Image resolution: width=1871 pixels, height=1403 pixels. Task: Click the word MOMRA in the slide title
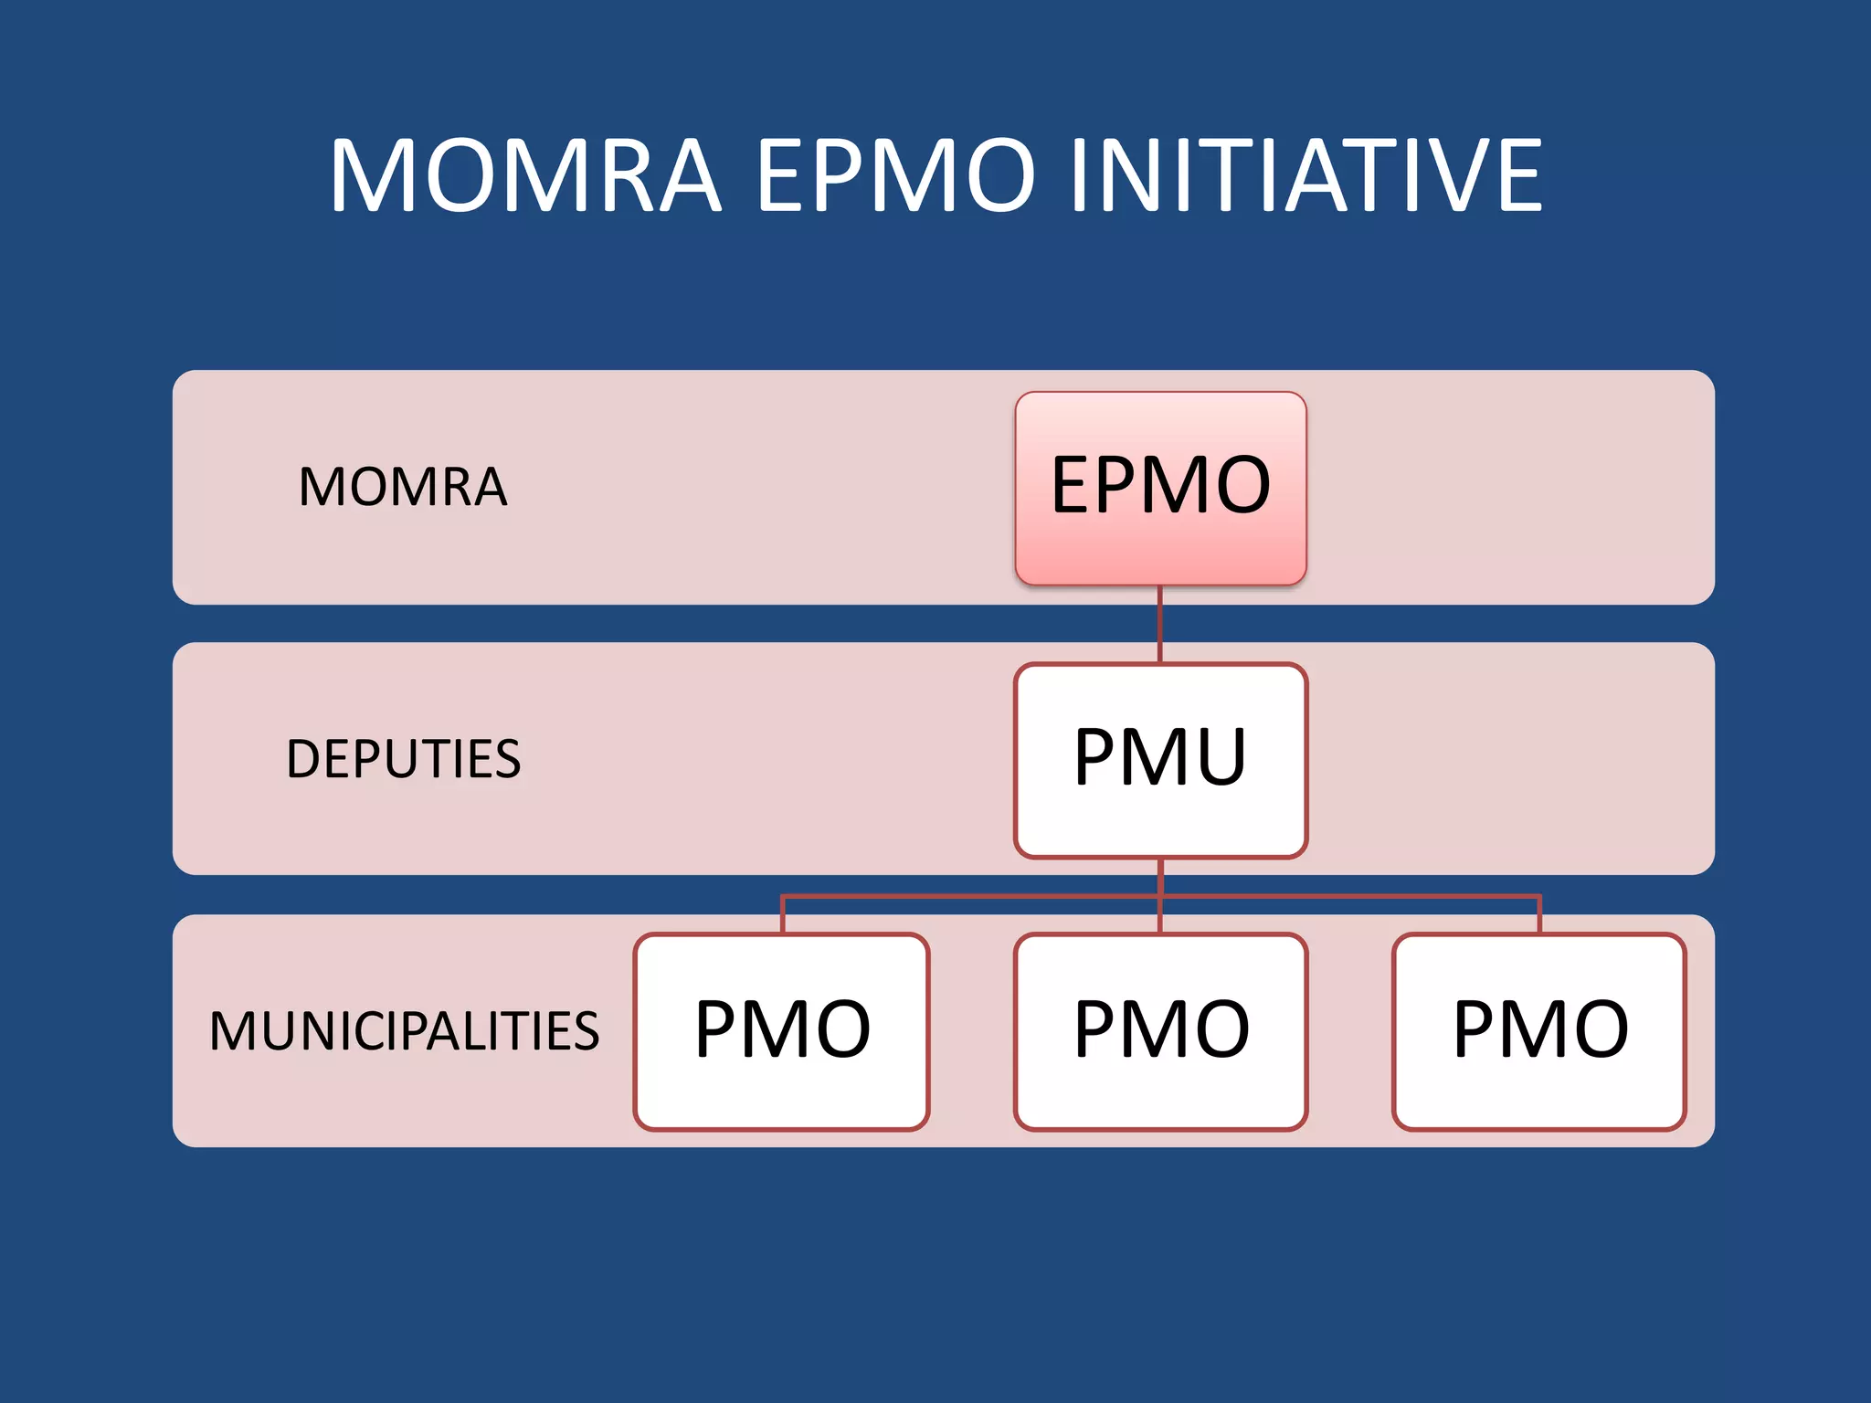[525, 175]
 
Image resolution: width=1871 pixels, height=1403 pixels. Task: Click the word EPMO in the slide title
[895, 175]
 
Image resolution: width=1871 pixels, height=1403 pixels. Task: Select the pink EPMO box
[1160, 488]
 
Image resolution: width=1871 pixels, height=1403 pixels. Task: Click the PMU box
[1160, 760]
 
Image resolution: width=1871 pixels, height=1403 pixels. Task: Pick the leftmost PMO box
[782, 1031]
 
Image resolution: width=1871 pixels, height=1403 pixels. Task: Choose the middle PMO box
[1160, 1031]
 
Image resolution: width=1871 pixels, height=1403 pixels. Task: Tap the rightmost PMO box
[1539, 1031]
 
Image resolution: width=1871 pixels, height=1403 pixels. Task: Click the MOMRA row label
[403, 487]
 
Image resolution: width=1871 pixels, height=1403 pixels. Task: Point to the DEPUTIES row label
[403, 759]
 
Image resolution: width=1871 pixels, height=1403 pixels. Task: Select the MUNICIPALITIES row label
[404, 1031]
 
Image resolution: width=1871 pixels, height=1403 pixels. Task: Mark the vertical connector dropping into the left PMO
[783, 915]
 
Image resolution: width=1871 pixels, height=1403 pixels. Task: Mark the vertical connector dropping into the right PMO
[1539, 915]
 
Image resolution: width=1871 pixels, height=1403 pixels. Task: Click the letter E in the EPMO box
[1073, 485]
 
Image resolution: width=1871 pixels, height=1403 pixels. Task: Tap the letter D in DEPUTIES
[305, 759]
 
